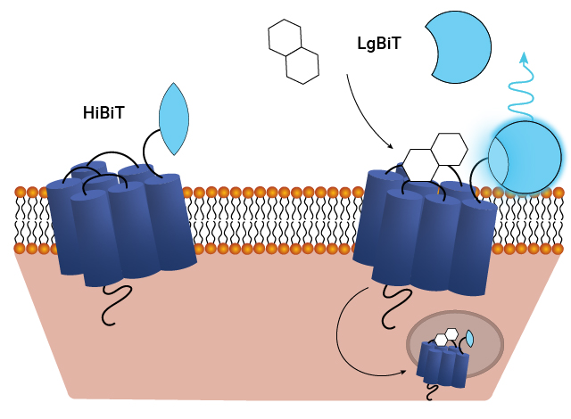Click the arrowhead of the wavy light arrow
pos(525,58)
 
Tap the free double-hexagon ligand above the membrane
pos(293,51)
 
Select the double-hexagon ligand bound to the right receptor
pos(434,157)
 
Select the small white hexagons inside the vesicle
pos(447,337)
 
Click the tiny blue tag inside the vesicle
pos(469,339)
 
